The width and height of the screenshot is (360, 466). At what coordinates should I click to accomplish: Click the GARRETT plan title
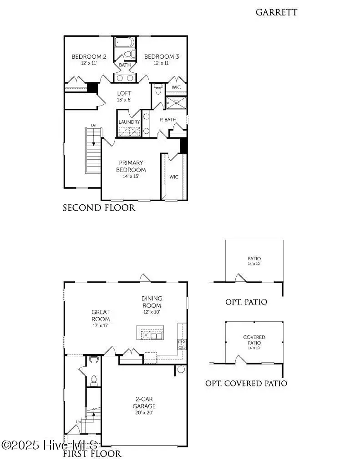[276, 12]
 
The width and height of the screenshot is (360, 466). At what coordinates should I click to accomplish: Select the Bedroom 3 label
[162, 60]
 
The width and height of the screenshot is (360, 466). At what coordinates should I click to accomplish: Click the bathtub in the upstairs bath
[123, 43]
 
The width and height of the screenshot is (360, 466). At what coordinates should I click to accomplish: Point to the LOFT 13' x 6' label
[124, 96]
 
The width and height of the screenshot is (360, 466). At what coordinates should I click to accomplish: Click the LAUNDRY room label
[129, 122]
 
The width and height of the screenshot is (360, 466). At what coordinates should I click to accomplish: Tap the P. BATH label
[168, 120]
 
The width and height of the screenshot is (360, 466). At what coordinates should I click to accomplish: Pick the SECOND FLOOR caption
[99, 208]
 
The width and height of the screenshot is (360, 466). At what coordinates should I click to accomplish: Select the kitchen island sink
[157, 336]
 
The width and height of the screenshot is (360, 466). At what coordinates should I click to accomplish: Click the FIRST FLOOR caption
[92, 454]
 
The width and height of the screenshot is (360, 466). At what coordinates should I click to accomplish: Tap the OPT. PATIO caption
[246, 302]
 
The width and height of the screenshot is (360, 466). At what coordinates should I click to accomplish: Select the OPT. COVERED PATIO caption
[246, 383]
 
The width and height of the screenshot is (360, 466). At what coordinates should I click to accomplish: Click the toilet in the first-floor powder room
[94, 380]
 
